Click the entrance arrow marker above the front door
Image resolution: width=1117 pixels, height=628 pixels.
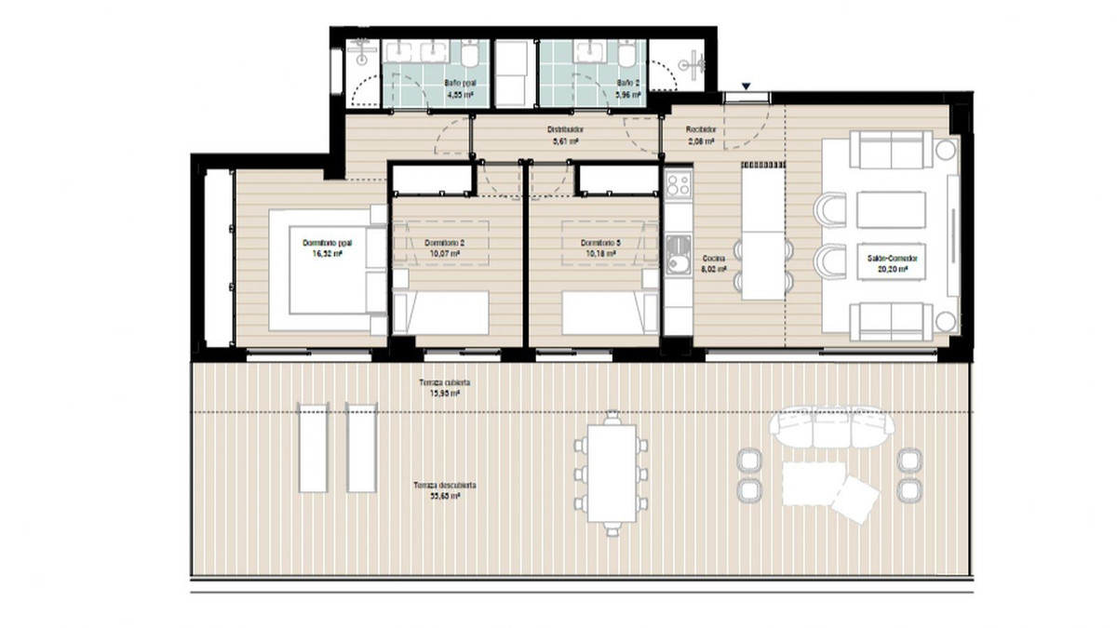[746, 87]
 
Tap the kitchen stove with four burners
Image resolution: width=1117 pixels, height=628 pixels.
[678, 183]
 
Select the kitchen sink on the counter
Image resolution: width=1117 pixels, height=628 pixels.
[678, 251]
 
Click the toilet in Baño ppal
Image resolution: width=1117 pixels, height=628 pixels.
[472, 59]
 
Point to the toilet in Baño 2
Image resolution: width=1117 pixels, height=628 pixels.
[628, 59]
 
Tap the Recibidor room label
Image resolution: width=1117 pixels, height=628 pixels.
[701, 129]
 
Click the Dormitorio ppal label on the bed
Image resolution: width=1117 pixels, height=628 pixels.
[321, 242]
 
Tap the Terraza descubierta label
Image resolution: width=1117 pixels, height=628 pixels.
[447, 485]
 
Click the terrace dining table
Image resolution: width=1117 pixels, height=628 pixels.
[612, 474]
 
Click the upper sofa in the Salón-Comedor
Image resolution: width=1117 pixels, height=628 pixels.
[892, 149]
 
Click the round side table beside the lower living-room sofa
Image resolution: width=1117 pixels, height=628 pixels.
[946, 321]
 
